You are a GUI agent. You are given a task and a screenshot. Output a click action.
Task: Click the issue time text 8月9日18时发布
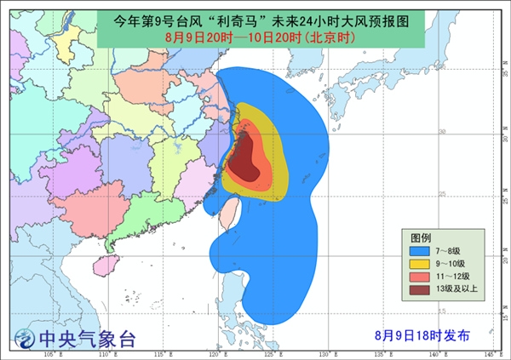tap(422, 334)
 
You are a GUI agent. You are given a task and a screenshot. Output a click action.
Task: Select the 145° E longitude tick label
tap(489, 353)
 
